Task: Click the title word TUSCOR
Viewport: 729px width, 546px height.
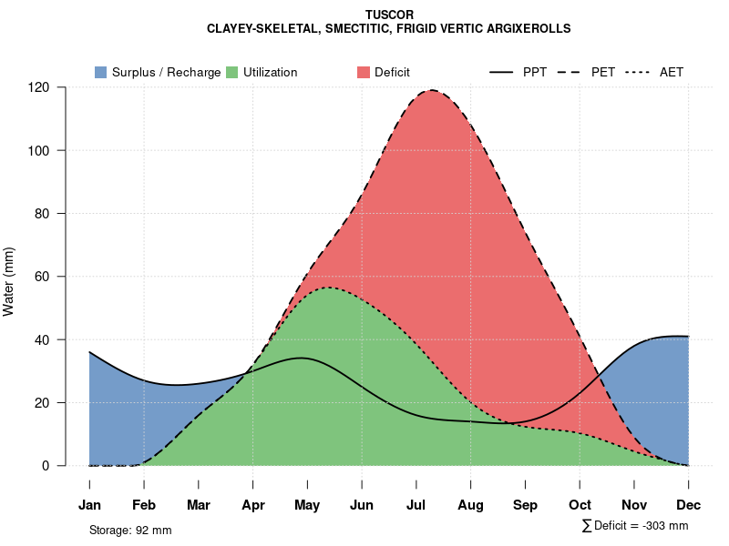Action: click(x=389, y=15)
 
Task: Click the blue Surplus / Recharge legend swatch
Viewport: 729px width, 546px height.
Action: click(x=100, y=72)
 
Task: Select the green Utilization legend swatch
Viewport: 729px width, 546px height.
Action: click(x=231, y=72)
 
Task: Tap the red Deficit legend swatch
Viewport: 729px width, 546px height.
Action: click(x=363, y=72)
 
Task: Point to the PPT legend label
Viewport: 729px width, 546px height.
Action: click(x=535, y=72)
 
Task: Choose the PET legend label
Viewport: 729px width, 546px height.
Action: click(x=603, y=72)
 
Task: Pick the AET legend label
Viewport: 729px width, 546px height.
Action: click(x=672, y=72)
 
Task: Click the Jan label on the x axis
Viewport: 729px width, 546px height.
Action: click(x=89, y=505)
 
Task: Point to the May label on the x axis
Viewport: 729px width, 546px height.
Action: click(x=307, y=505)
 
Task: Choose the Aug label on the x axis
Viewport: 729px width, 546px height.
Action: click(x=470, y=505)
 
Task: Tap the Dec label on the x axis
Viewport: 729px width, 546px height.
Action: click(x=688, y=505)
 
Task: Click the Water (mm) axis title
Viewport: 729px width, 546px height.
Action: click(x=9, y=281)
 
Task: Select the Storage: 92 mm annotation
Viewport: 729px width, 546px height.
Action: click(x=130, y=530)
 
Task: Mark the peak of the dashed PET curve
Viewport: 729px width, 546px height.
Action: click(x=430, y=90)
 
